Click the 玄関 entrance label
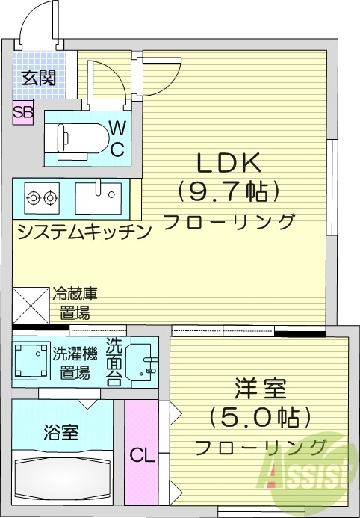coord(38,77)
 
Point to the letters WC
coord(118,139)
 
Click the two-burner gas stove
coord(42,198)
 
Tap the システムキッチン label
coord(84,232)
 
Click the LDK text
coord(228,162)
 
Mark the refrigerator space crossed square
coord(31,306)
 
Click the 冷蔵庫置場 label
coord(75,302)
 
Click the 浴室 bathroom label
coord(61,431)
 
